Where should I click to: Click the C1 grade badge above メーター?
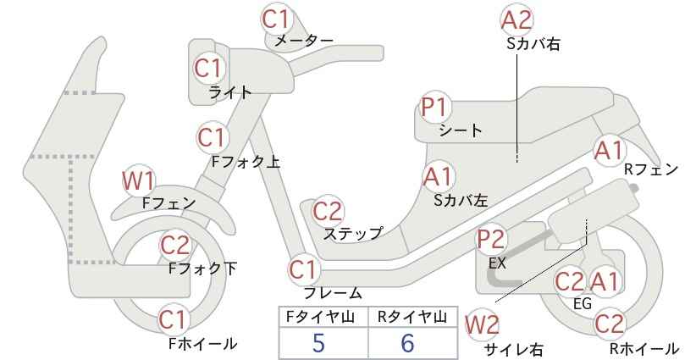click(x=276, y=19)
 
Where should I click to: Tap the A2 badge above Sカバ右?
click(x=516, y=20)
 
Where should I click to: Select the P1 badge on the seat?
click(x=436, y=108)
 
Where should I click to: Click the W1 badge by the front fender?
click(x=139, y=181)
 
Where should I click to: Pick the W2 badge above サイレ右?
click(x=482, y=325)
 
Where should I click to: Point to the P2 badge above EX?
click(x=491, y=240)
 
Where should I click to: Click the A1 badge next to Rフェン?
click(x=610, y=151)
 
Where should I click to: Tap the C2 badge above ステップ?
click(x=328, y=211)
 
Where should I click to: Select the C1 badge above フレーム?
click(x=305, y=269)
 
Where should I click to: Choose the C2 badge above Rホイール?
click(x=610, y=324)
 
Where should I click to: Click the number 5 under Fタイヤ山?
click(x=318, y=343)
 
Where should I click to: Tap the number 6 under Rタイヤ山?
click(x=407, y=343)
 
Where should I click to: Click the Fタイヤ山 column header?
click(x=320, y=317)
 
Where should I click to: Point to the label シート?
click(x=461, y=130)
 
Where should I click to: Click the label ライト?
click(x=230, y=92)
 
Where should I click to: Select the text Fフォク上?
click(x=246, y=161)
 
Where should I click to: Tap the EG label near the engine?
click(x=583, y=303)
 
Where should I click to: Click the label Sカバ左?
click(x=461, y=200)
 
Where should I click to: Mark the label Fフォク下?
click(x=203, y=269)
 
